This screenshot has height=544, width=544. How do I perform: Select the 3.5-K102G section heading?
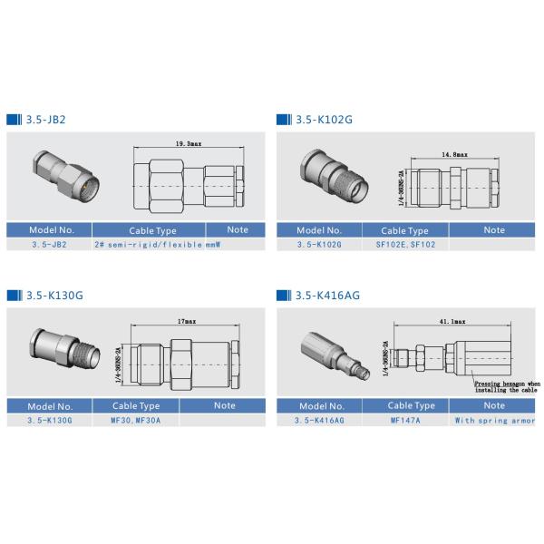tap(323, 119)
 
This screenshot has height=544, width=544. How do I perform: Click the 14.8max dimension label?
tap(454, 155)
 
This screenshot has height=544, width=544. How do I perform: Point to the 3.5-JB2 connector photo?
tap(63, 178)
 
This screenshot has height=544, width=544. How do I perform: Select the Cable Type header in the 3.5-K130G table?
tap(135, 406)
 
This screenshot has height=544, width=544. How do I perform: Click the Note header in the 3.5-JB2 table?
tap(238, 230)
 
